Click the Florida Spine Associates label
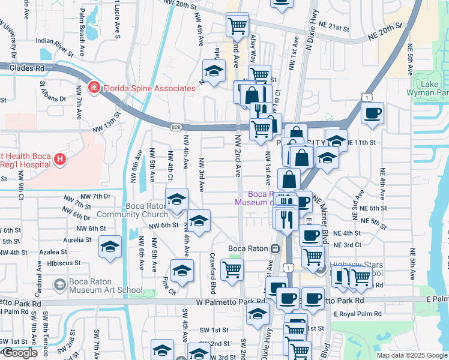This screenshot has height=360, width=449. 149,88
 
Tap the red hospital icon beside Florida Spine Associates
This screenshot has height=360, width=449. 94,88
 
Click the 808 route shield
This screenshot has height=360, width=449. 175,127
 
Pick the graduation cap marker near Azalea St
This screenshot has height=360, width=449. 110,247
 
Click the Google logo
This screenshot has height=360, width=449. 19,353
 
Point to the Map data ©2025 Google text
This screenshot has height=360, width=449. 412,355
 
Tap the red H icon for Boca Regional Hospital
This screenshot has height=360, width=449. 59,159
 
